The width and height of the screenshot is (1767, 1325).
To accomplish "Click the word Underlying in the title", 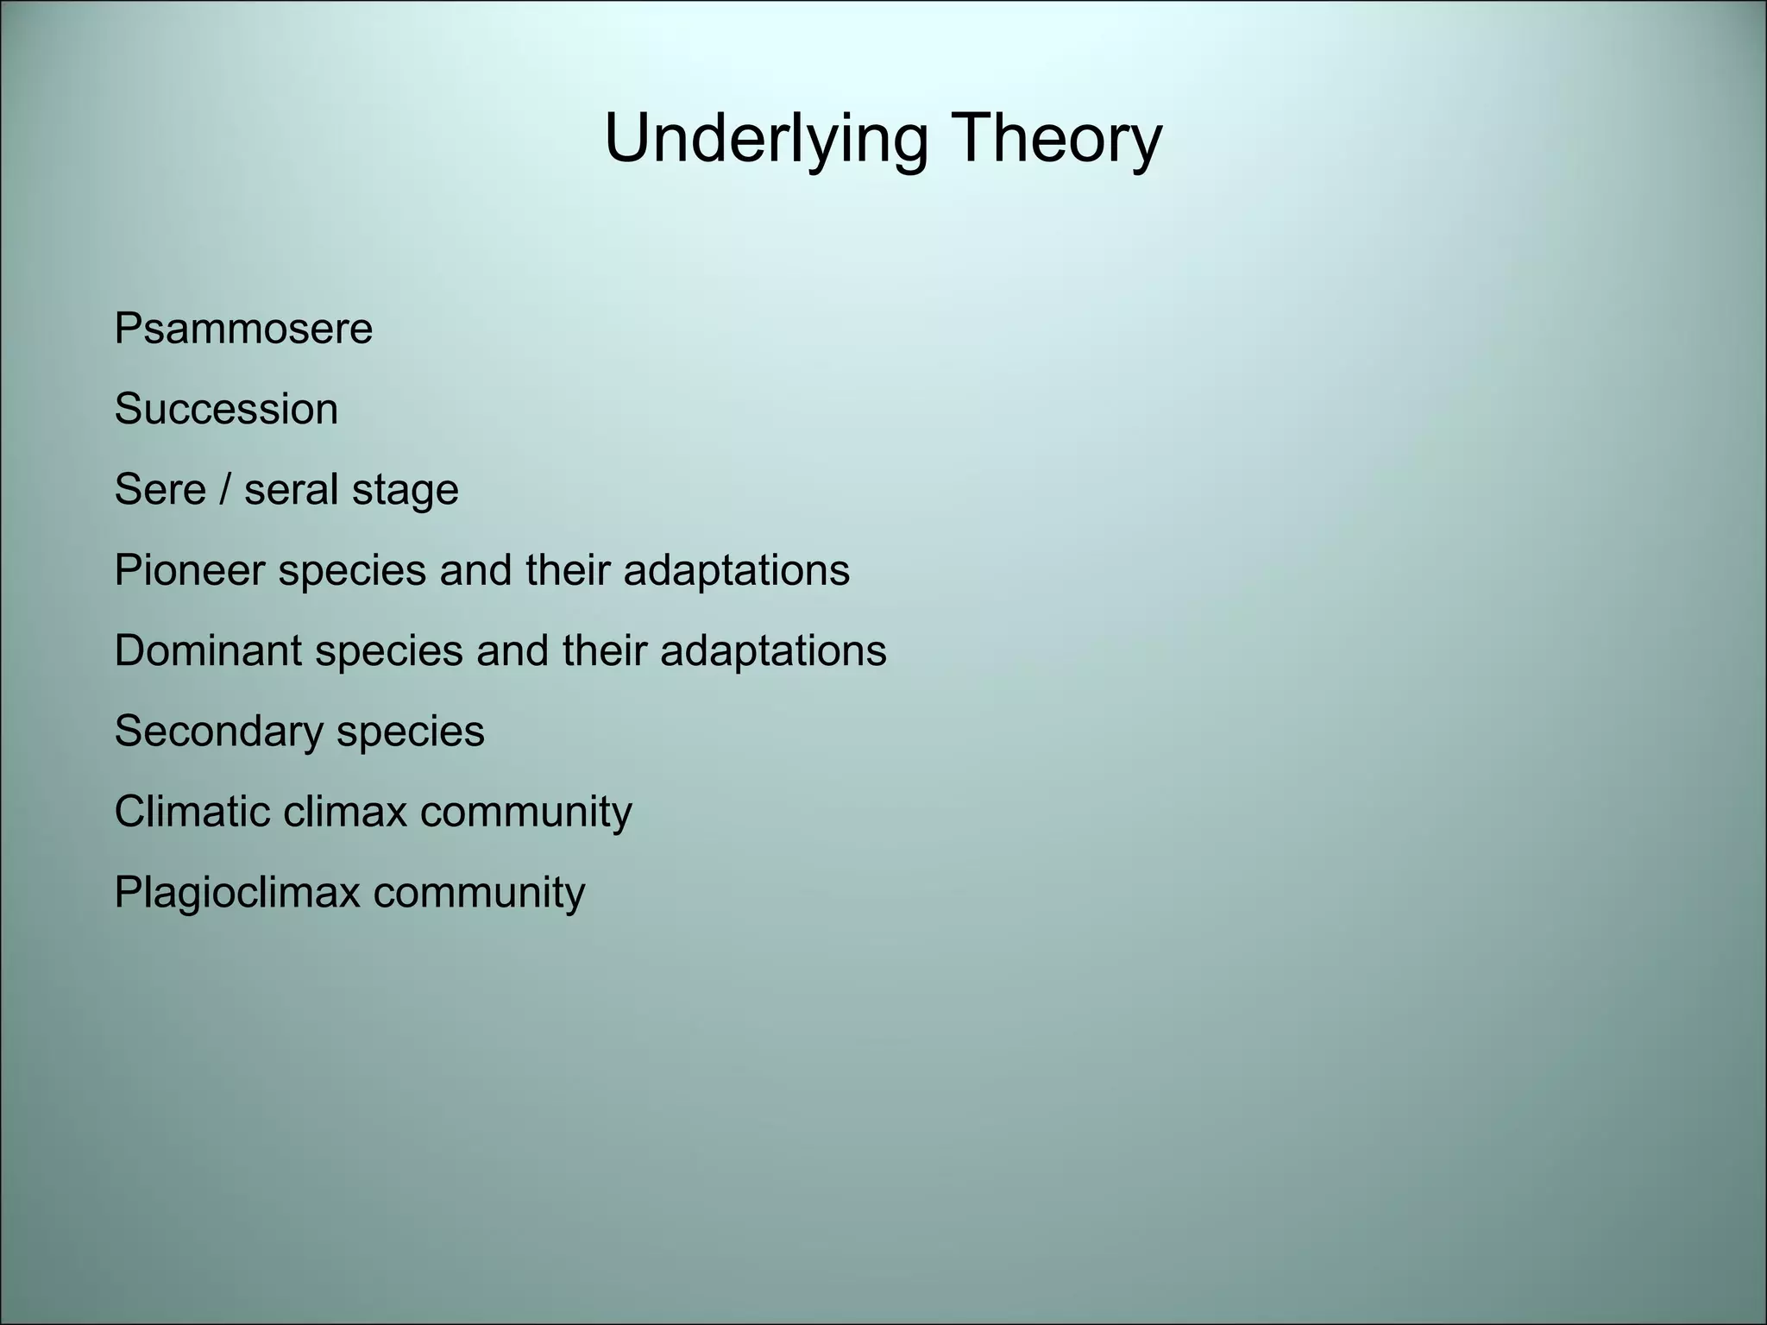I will [x=765, y=140].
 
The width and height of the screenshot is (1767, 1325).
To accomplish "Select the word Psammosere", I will [x=243, y=329].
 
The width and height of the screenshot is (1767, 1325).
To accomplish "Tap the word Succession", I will [x=226, y=409].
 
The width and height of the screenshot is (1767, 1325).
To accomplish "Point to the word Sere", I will [x=160, y=489].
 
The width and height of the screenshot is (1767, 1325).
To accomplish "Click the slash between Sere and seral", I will [x=225, y=489].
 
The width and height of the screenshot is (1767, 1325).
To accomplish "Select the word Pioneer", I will [x=189, y=570].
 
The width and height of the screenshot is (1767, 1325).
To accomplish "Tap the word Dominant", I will [x=207, y=650].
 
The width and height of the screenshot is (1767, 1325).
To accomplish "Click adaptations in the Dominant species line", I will [x=773, y=651].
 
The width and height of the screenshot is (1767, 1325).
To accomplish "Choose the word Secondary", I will [x=218, y=731].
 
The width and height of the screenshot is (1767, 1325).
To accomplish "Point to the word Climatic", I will [x=192, y=812].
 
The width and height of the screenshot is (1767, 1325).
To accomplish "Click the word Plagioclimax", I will [x=236, y=892].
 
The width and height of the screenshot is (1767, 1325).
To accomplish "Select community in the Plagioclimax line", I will [x=479, y=892].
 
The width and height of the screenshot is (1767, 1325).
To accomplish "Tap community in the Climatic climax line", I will [x=526, y=812].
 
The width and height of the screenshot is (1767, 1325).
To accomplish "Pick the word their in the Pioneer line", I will [x=567, y=570].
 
